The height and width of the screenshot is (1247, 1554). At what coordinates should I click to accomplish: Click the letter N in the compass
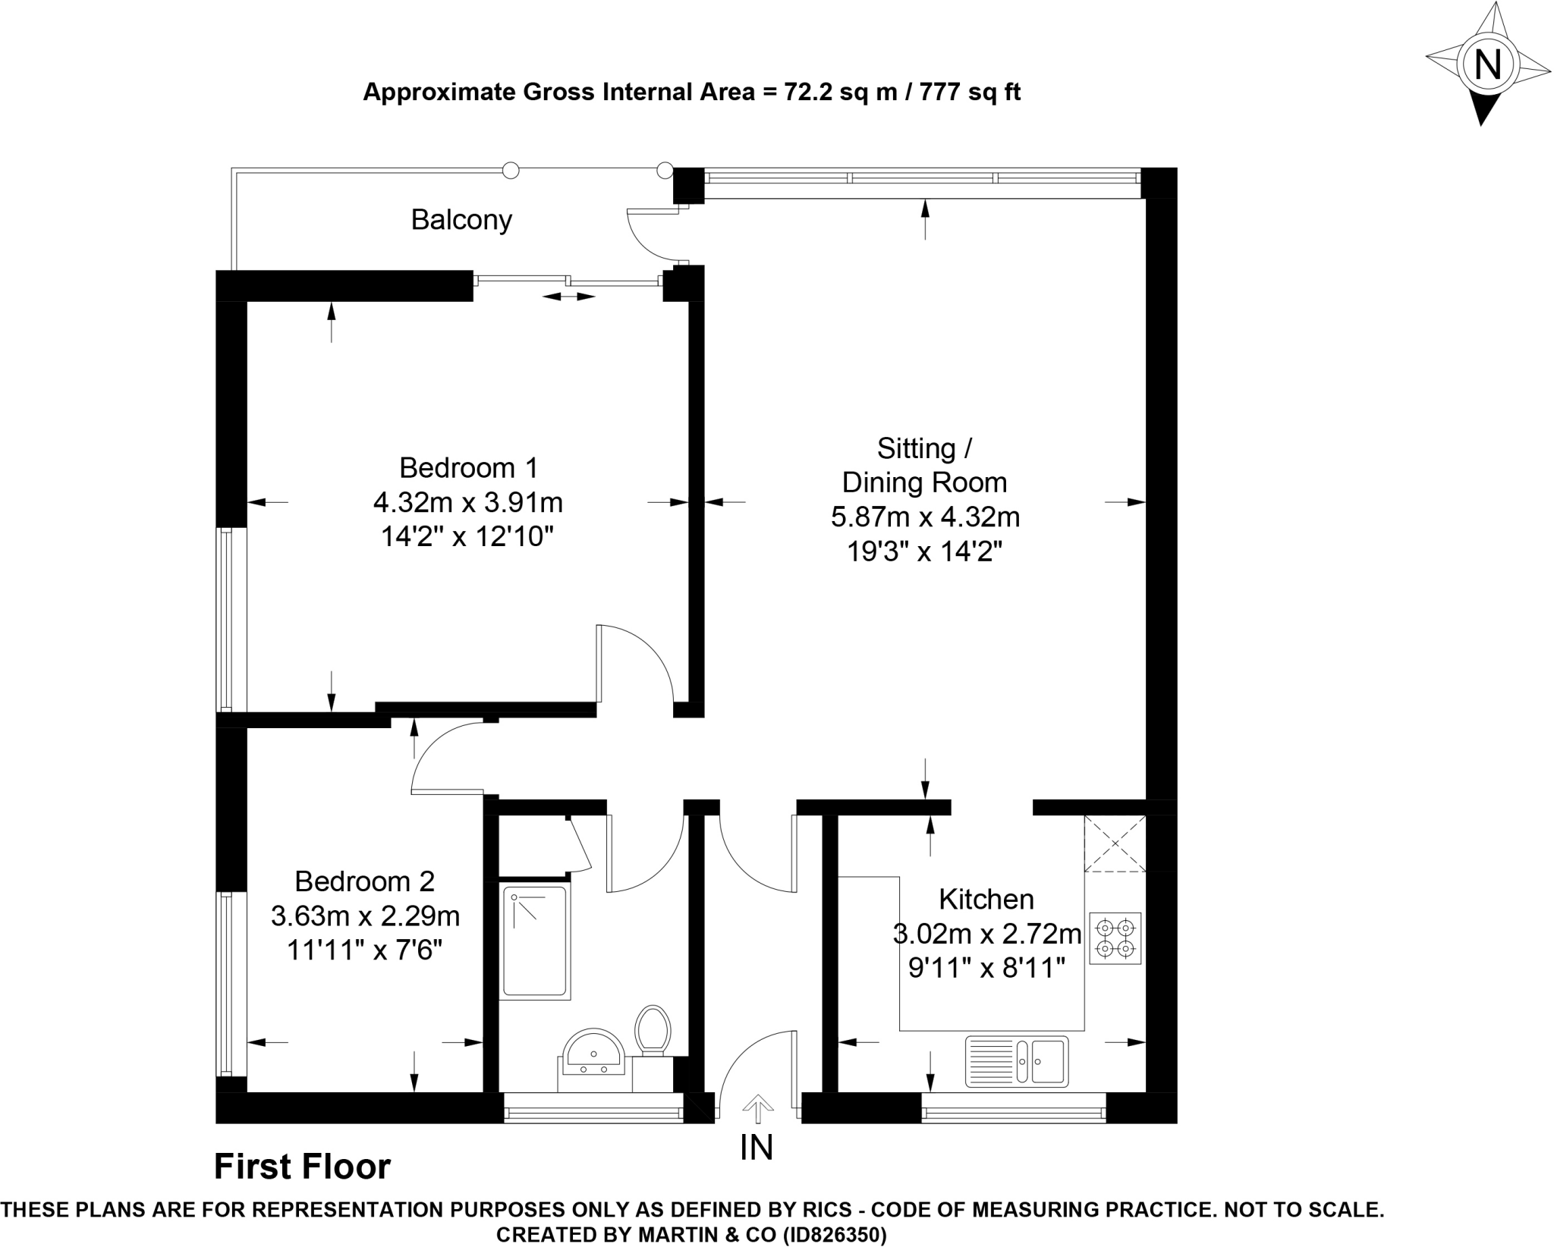coord(1487,64)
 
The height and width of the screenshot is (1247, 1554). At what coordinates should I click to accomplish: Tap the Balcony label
coord(461,220)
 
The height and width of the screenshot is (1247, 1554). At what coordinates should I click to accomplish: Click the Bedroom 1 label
coord(468,468)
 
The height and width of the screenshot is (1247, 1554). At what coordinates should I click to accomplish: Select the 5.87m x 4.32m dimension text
coord(925,517)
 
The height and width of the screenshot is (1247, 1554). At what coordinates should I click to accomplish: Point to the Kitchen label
coord(986,899)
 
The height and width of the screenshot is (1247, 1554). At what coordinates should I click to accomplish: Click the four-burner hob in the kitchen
coord(1115,938)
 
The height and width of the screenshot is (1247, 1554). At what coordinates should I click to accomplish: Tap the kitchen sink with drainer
coord(1016,1060)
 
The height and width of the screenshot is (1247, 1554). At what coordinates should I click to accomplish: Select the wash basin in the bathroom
coord(593,1053)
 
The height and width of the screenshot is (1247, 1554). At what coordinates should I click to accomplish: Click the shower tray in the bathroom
coord(535,941)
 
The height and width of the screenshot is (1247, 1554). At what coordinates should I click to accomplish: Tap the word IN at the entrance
coord(757,1148)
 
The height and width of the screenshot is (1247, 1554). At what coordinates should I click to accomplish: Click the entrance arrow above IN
coord(757,1109)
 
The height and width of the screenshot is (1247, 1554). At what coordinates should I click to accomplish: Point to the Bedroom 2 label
coord(364,881)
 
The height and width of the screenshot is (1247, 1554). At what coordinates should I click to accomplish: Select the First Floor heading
coord(302,1167)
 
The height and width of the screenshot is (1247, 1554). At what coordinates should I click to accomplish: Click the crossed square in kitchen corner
coord(1115,843)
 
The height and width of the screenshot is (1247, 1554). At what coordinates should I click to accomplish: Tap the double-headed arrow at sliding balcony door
coord(568,297)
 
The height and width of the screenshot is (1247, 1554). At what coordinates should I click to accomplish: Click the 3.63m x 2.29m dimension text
coord(365,916)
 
